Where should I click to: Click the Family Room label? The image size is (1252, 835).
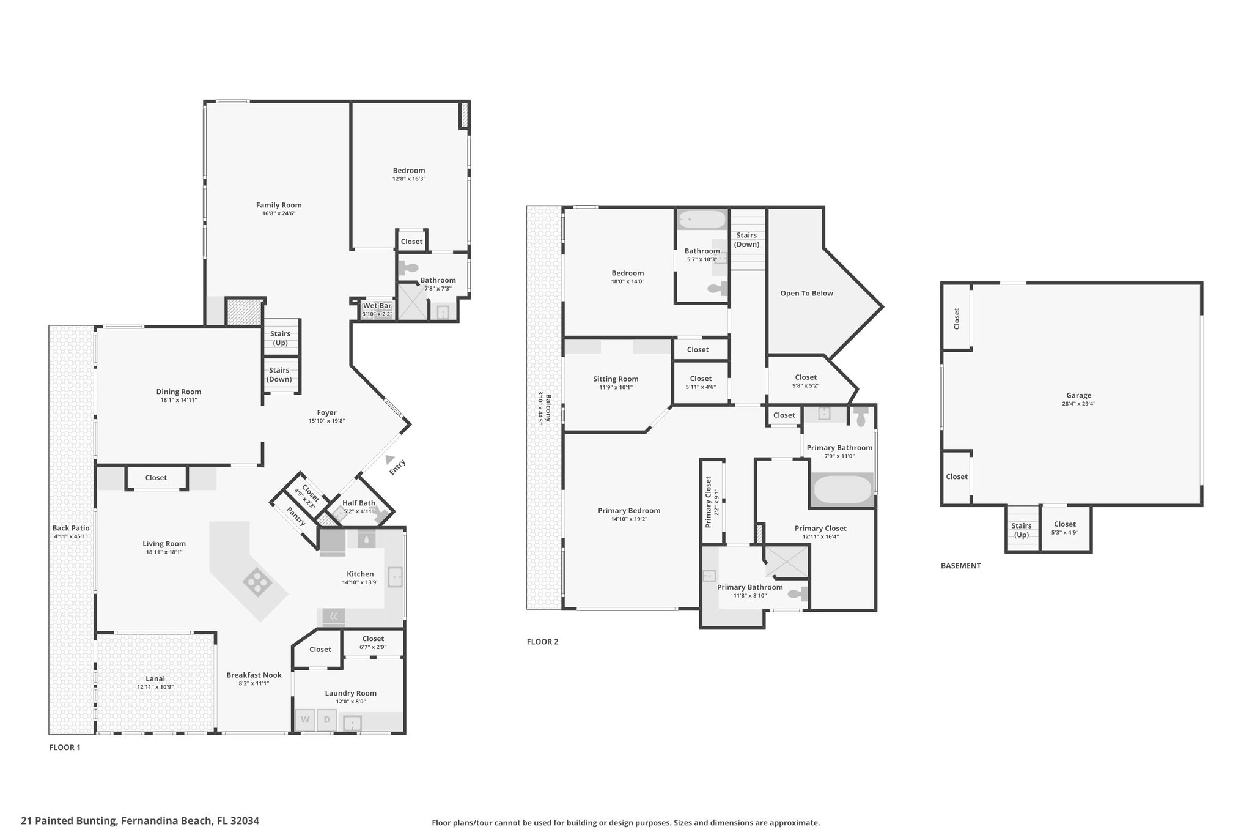(279, 206)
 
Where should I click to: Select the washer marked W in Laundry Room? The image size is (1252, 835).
(305, 719)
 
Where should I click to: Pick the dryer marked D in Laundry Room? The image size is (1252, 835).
(326, 719)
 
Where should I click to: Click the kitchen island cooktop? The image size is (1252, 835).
(257, 582)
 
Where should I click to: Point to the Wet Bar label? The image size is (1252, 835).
(377, 306)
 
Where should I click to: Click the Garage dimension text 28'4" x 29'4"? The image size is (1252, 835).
(1079, 404)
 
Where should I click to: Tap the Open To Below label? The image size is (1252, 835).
(807, 294)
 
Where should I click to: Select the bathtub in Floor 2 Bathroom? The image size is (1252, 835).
(702, 218)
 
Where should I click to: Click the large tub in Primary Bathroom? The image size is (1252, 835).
(842, 489)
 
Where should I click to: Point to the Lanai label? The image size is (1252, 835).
(155, 678)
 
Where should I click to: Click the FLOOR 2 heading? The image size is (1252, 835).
(543, 642)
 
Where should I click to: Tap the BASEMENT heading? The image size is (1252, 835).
(960, 566)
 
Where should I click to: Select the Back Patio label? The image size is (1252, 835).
(71, 529)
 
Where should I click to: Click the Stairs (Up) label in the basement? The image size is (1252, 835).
(1022, 530)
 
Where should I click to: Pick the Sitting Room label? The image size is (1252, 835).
(616, 379)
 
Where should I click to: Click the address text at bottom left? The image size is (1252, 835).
(140, 821)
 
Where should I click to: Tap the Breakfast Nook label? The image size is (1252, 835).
(254, 675)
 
